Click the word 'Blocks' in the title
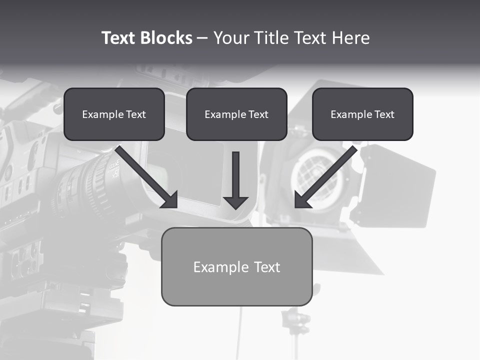click(x=166, y=38)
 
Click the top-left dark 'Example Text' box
click(x=114, y=114)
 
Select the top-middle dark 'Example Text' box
click(x=236, y=114)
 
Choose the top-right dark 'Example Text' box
click(x=362, y=114)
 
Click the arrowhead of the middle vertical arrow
click(x=235, y=202)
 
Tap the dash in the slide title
click(x=202, y=38)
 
